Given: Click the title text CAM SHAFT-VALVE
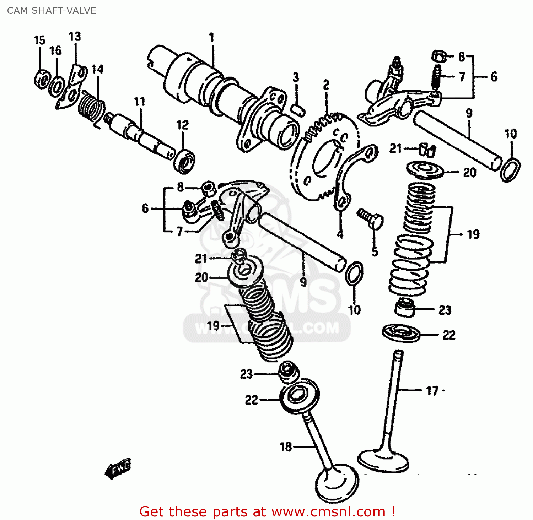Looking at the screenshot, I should pos(52,11).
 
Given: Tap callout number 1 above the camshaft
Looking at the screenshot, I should pos(211,37).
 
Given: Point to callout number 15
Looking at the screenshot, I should pos(40,40).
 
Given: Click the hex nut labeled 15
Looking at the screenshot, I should pos(42,79).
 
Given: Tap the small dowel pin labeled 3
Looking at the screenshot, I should pos(298,109).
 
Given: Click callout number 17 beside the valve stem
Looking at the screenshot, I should pos(432,391).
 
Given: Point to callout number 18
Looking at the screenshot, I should pos(286,446).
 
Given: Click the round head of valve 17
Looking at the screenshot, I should pos(383,461).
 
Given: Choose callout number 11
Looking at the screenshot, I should pos(140,102).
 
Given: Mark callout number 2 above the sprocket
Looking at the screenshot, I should pos(326,85).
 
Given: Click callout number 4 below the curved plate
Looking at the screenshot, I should pos(340,234).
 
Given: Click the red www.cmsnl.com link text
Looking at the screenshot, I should pos(328,512).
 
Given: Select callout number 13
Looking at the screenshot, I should pos(75,37).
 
